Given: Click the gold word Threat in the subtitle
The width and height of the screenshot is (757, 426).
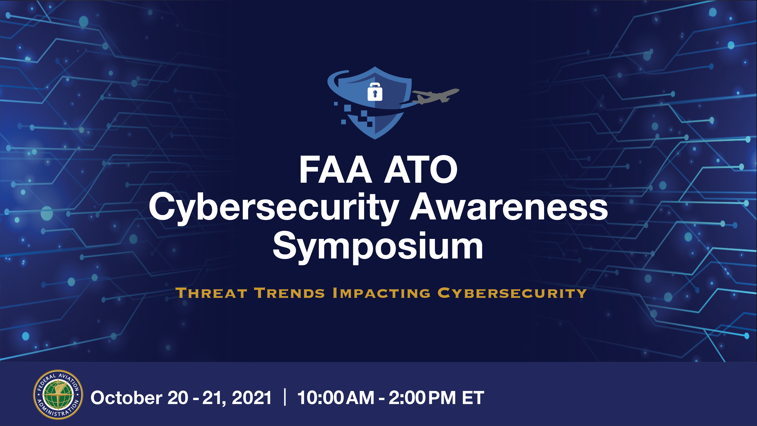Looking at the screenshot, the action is [211, 293].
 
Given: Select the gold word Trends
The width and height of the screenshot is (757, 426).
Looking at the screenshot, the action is [290, 293].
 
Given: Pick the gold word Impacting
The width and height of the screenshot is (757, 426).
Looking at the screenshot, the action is [382, 293].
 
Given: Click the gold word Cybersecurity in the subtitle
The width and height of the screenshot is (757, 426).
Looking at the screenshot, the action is [512, 293].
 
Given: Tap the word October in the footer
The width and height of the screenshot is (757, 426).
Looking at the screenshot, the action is [126, 398].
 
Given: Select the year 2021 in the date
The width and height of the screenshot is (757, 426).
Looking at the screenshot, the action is [252, 398].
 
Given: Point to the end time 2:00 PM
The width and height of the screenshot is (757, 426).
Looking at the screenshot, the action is [422, 398].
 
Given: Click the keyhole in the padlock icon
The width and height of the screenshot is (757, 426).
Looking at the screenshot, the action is [375, 94].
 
